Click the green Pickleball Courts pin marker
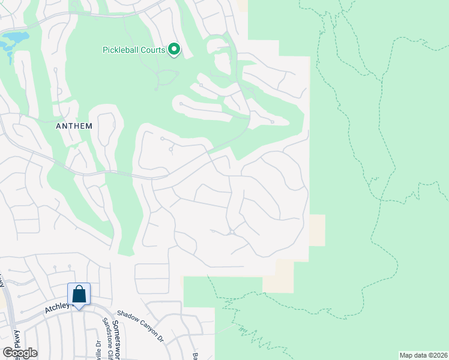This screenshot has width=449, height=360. (x=174, y=49)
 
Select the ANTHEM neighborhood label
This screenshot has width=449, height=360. (x=74, y=126)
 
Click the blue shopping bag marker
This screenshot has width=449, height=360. (x=79, y=294)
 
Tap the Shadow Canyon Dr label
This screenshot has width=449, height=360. (x=140, y=326)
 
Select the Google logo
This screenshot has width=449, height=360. (x=20, y=353)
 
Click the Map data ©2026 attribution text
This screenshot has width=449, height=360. (x=423, y=355)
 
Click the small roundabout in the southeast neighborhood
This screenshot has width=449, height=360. (x=231, y=232)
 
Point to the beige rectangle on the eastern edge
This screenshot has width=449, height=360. (x=317, y=230)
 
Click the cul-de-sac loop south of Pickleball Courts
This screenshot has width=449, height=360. (x=167, y=77)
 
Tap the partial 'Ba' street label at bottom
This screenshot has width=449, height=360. (x=195, y=354)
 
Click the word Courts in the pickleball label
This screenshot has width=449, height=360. (x=152, y=50)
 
